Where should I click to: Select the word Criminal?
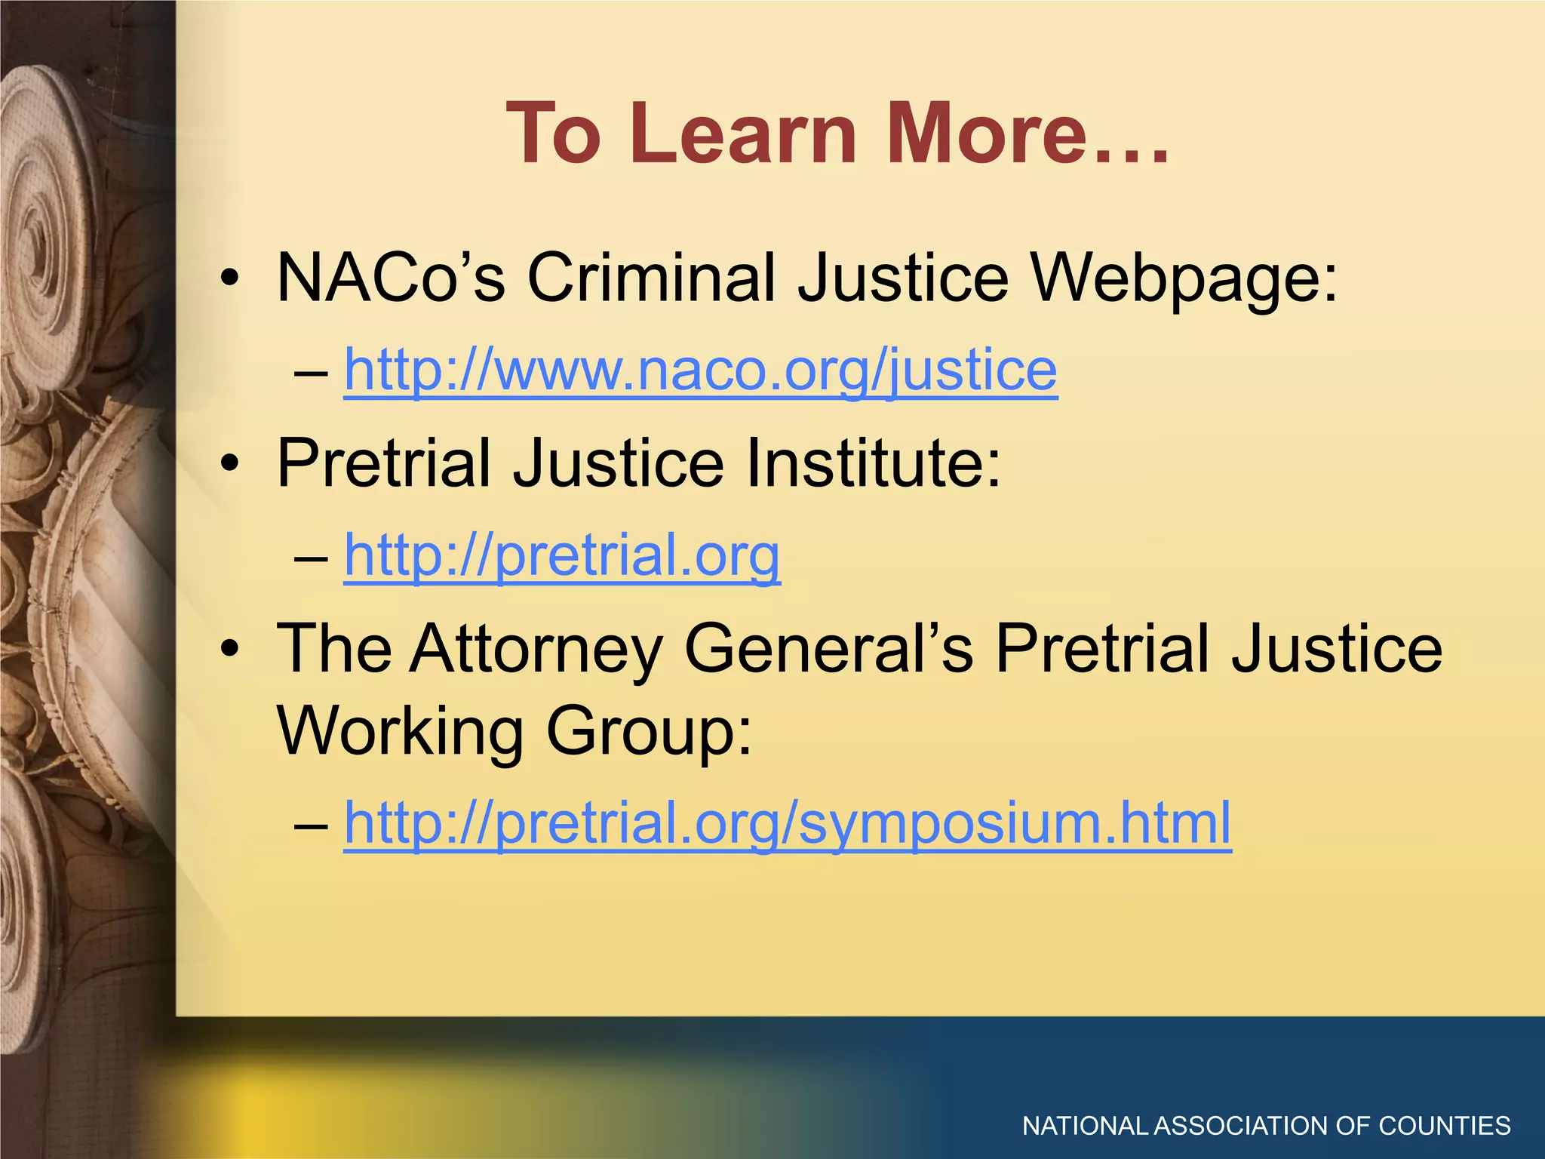pyautogui.click(x=652, y=277)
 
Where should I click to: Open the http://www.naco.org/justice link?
pyautogui.click(x=700, y=371)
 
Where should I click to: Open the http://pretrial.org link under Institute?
pyautogui.click(x=562, y=556)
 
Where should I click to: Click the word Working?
pyautogui.click(x=401, y=730)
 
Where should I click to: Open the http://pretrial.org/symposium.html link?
pyautogui.click(x=787, y=823)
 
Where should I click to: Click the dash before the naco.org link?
pyautogui.click(x=311, y=373)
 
